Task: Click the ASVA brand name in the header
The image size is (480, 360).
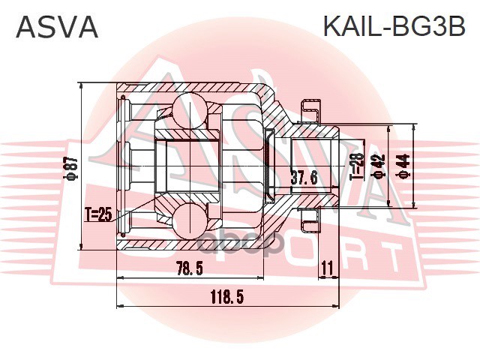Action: pos(57,28)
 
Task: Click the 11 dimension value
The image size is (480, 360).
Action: pos(326,267)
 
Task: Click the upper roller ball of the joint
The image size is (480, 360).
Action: pos(189,110)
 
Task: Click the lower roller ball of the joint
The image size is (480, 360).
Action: pos(189,223)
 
